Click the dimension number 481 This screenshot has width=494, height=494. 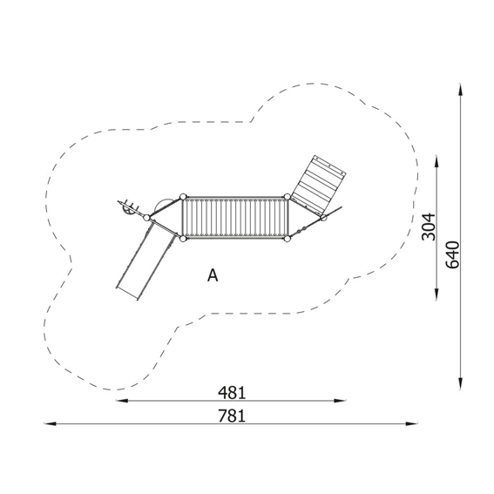pos(232,393)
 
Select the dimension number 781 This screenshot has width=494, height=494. pos(232,416)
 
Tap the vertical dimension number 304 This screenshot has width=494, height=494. pos(429,227)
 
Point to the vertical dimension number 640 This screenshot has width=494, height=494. pos(453,254)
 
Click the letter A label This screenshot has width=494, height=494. pos(213,275)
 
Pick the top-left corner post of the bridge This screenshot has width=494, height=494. pos(183,197)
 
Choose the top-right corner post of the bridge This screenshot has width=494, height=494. pos(287,197)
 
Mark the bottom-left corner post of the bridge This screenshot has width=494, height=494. pos(183,239)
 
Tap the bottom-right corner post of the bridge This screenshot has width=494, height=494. pos(287,239)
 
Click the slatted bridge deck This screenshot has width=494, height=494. pos(235,218)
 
